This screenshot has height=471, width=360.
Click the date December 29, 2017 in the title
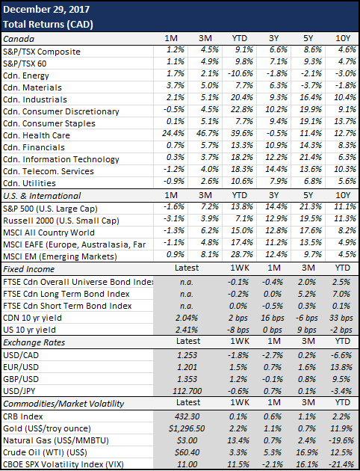(x=46, y=9)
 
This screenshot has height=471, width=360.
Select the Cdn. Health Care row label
(x=37, y=135)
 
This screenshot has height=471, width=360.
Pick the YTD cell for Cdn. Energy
(x=242, y=73)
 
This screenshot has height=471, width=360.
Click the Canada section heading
(x=19, y=39)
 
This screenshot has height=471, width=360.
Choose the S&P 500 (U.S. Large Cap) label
(x=50, y=209)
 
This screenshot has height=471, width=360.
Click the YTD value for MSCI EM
(x=242, y=254)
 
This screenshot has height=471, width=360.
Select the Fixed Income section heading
(x=29, y=269)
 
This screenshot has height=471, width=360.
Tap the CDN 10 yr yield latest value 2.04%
(x=187, y=318)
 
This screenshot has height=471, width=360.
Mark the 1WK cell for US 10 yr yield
(x=238, y=330)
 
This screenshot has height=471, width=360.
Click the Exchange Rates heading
(x=34, y=342)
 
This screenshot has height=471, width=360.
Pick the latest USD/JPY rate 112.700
(x=187, y=391)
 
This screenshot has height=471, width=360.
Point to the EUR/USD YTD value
(x=341, y=367)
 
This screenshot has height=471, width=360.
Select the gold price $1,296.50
(x=187, y=428)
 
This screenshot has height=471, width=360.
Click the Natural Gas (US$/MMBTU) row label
(x=56, y=440)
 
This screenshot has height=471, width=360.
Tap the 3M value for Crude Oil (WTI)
(x=306, y=452)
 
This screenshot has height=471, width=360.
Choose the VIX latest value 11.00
(x=187, y=464)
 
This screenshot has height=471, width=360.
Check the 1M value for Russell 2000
(x=173, y=218)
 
